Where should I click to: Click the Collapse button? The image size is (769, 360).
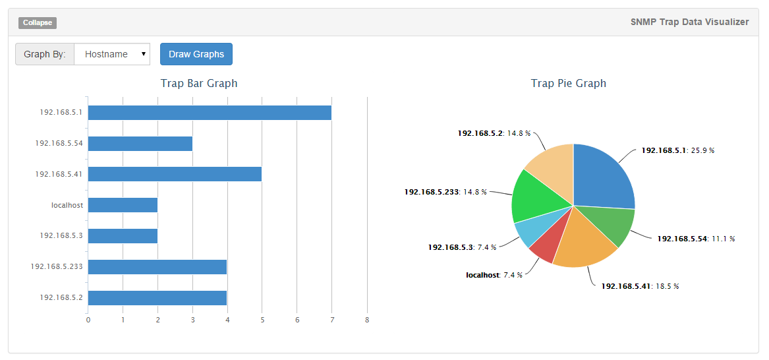pos(38,23)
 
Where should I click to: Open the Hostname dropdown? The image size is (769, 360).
pos(112,54)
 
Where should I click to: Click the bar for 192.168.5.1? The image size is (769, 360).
pos(210,113)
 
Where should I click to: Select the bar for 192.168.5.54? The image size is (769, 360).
pos(140,144)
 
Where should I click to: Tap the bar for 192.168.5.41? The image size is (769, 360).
pos(175,174)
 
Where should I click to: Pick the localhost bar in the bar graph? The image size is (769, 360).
pos(123,205)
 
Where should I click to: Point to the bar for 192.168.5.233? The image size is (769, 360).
pos(157,267)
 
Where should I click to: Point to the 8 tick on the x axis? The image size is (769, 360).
pos(367,320)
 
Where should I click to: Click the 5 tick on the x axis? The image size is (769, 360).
pos(262,320)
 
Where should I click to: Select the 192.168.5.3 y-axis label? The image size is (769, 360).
pos(61,235)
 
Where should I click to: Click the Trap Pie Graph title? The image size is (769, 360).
pos(568,84)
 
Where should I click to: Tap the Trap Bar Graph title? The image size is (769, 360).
pos(199,84)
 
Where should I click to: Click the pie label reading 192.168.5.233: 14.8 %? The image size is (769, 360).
pos(445,192)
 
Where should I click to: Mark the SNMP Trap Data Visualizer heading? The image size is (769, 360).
pos(689,22)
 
